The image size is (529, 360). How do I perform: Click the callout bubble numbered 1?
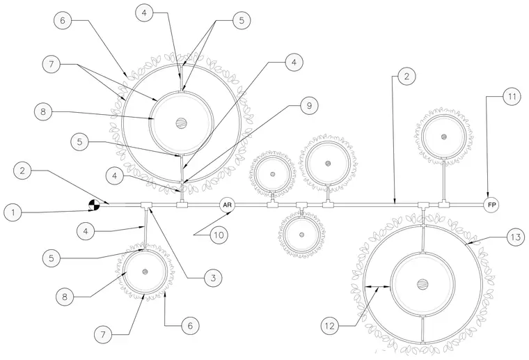(13, 212)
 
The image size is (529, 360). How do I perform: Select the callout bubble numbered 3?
(213, 278)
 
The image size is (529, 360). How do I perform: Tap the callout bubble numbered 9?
(308, 106)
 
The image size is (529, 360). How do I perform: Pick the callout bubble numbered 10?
(219, 235)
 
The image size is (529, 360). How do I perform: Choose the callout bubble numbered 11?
(512, 97)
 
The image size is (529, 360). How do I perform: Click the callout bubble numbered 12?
(330, 326)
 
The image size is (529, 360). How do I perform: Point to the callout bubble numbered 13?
(516, 237)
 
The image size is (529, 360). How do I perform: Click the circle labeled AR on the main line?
(228, 205)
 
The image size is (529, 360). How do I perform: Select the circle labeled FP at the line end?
(491, 205)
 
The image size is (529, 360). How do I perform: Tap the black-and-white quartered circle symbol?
(94, 205)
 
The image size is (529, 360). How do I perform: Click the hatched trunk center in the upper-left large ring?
(181, 123)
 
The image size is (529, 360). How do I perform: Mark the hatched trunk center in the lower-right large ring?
(422, 284)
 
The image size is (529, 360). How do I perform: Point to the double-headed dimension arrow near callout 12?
(378, 287)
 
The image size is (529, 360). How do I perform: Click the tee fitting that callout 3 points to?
(146, 205)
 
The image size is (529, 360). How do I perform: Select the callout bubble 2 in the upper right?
(406, 77)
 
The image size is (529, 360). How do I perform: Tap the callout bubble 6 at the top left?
(63, 20)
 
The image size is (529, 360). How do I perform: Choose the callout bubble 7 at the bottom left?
(103, 334)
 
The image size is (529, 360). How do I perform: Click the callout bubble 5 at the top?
(242, 20)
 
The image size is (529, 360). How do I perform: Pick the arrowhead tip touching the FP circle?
(488, 197)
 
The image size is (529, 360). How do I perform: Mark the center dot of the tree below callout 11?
(443, 136)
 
